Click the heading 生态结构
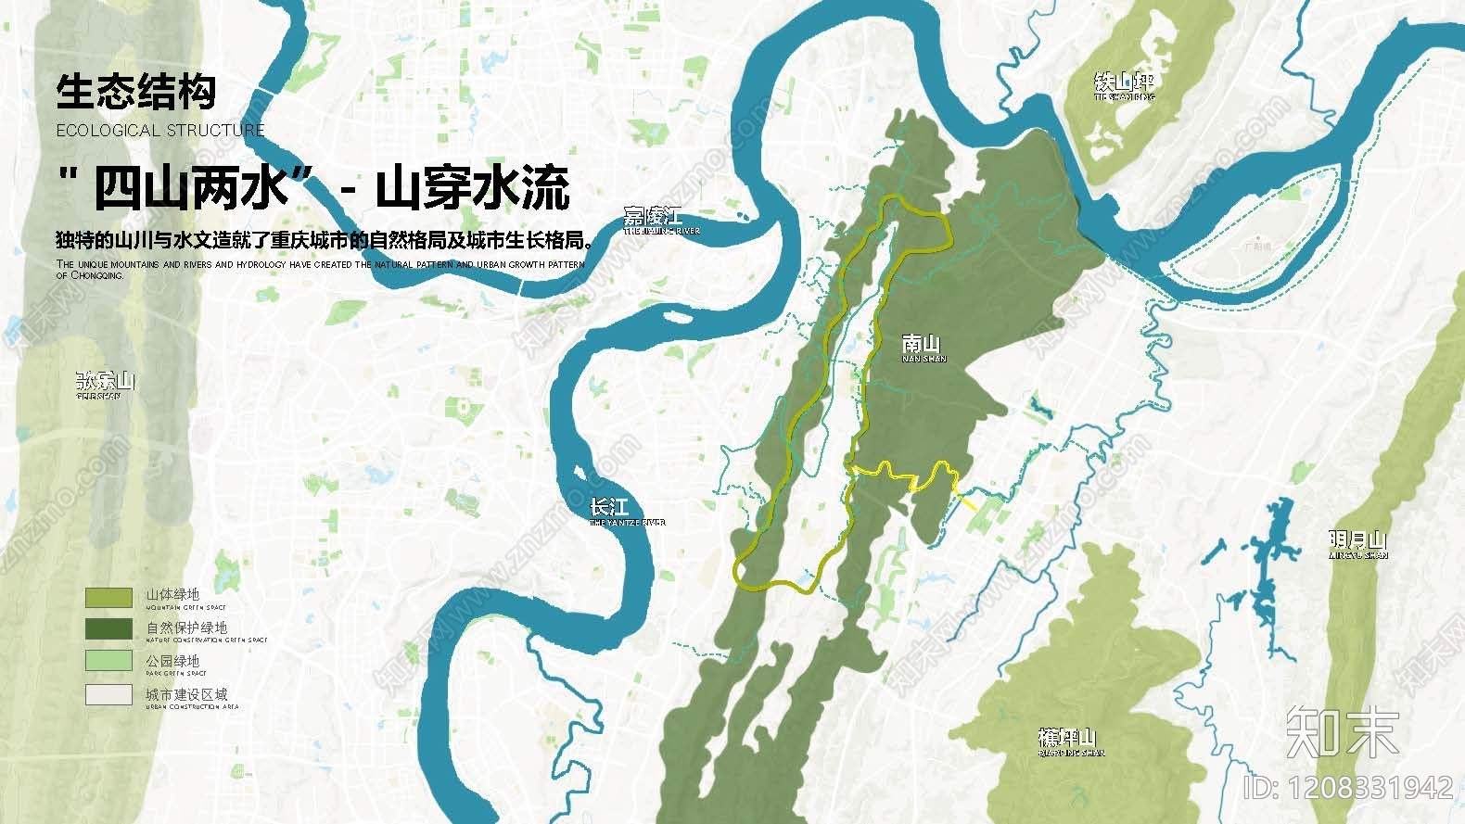(x=135, y=92)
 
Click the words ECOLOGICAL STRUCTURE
(x=160, y=131)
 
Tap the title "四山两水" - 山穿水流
(x=313, y=187)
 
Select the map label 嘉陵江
(x=653, y=218)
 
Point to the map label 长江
(x=610, y=508)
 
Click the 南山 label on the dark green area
(x=922, y=345)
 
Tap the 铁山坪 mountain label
(x=1124, y=83)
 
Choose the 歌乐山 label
(x=105, y=381)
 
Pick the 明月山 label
(x=1357, y=540)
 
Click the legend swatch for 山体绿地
(x=108, y=597)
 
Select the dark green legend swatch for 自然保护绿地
(x=108, y=629)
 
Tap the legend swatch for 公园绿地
(x=108, y=661)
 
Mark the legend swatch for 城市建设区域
(x=108, y=694)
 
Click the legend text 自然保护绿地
(x=186, y=628)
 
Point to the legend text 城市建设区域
(x=186, y=694)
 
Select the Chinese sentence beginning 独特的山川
(x=324, y=241)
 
